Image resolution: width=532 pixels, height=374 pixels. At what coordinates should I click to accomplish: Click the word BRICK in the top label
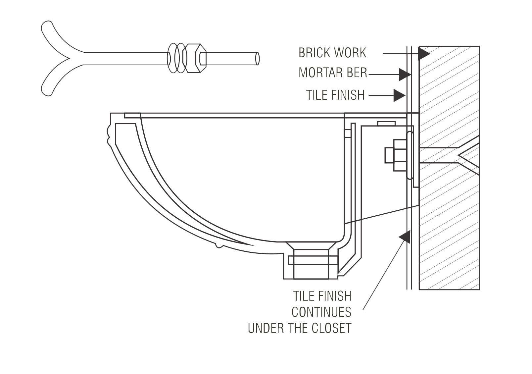coord(314,53)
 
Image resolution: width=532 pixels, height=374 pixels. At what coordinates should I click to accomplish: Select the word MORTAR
coord(320,73)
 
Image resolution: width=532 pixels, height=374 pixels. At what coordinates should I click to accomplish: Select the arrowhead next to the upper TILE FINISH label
coord(399,96)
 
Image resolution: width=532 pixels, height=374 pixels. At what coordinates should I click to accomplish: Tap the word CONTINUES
coord(321,312)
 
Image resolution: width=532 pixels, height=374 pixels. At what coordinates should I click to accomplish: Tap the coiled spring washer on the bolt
coord(175,58)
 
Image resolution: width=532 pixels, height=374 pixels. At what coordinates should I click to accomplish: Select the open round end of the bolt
coord(257,58)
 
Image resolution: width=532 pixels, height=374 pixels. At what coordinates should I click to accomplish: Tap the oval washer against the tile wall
coord(410,155)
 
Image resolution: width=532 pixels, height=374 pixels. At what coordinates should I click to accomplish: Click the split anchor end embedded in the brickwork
coord(467,155)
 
